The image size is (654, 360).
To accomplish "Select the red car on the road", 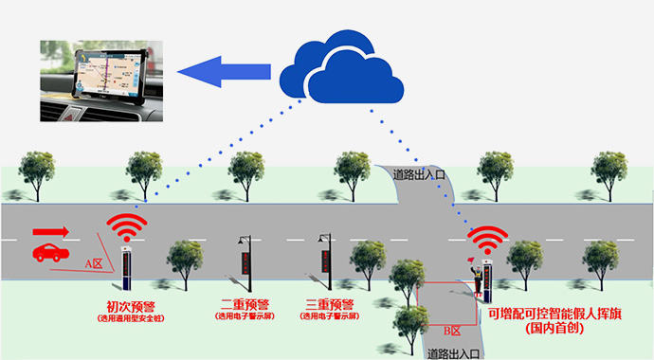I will click(x=48, y=252).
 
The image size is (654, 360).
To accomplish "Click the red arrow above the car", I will click(x=51, y=230).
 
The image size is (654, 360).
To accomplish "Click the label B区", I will click(x=452, y=331).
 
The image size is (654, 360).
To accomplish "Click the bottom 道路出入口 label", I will click(x=451, y=353).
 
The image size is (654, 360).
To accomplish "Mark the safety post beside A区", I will click(x=123, y=268).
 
